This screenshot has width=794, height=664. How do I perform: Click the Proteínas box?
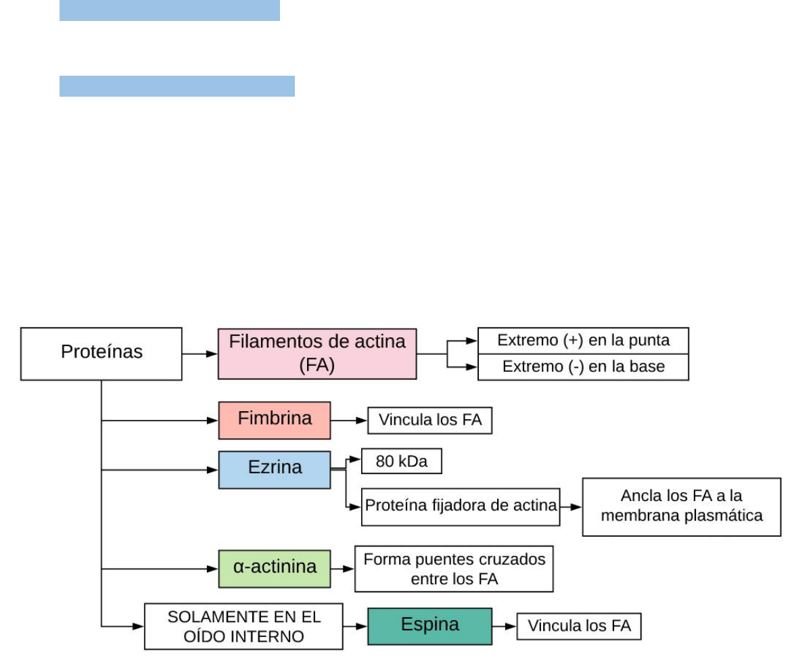101,354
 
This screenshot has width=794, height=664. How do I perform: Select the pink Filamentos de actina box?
317,354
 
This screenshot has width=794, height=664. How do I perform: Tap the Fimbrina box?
275,420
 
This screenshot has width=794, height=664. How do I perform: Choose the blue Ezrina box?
275,469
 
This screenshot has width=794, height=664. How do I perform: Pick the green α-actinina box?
275,569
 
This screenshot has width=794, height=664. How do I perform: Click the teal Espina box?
429,626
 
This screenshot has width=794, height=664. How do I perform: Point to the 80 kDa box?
402,462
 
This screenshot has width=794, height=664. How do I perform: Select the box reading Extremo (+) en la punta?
583,341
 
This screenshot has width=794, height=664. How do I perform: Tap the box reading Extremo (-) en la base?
583,367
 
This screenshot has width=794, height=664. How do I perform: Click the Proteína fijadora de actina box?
461,506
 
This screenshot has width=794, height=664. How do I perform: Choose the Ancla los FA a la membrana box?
681,506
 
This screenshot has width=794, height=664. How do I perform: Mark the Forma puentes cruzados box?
454,569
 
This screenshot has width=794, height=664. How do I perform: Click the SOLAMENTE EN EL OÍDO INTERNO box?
243,627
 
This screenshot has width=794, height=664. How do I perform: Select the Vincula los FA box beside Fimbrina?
429,420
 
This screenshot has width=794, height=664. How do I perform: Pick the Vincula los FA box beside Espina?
579,626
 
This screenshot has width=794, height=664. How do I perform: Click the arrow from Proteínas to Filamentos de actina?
200,354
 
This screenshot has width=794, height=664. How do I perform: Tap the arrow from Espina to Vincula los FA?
505,626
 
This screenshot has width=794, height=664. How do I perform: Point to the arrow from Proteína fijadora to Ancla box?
571,506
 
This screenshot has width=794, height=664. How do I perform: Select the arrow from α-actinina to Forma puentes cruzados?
343,569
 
